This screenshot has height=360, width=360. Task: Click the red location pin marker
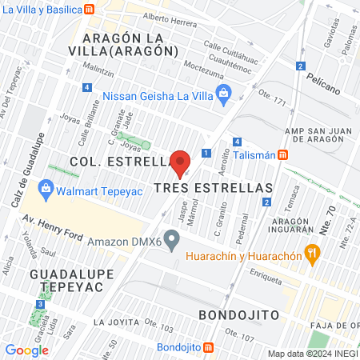[180, 164]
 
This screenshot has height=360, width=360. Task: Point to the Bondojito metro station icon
[209, 347]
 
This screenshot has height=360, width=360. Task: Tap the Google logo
[26, 350]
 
